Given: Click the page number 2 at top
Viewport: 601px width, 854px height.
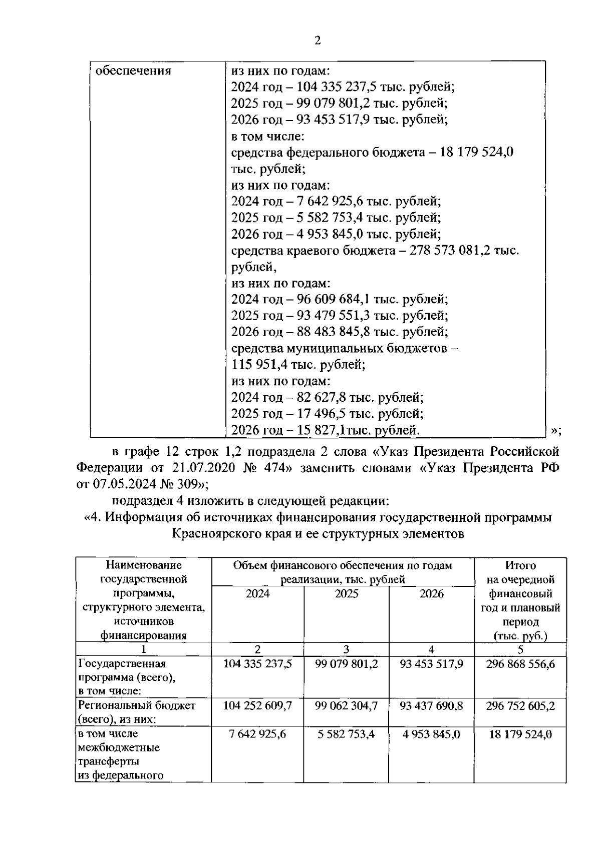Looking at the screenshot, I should pos(317,41).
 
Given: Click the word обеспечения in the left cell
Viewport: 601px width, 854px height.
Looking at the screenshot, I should pos(133,71).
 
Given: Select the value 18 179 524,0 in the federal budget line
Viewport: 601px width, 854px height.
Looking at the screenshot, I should pos(476,152).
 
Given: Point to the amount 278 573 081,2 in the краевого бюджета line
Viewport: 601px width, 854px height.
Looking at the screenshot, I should pos(450,250).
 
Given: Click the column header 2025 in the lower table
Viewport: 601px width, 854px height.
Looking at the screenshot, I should pos(347,594).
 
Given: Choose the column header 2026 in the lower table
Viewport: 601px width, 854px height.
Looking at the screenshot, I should pos(432,594).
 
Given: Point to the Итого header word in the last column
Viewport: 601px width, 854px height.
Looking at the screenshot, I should pos(520,565).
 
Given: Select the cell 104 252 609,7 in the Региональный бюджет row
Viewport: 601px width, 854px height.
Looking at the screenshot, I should pos(257,705).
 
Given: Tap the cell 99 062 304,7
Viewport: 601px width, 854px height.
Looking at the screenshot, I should pos(347,705).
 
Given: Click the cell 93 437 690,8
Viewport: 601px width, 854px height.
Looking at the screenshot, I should pos(432,705).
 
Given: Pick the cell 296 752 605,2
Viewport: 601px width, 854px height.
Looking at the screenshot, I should pos(520,705).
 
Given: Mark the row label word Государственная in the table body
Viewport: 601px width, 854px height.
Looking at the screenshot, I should pos(122,664).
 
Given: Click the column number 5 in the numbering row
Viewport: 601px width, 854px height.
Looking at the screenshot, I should pos(520,649).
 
